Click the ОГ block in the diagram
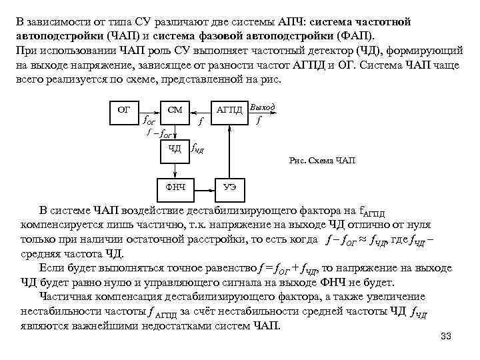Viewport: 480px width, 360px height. pyautogui.click(x=124, y=109)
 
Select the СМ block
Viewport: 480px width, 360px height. pyautogui.click(x=175, y=109)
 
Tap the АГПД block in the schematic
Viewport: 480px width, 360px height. pyautogui.click(x=228, y=109)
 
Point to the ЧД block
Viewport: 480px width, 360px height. pyautogui.click(x=175, y=148)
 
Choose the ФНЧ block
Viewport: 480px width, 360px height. pyautogui.click(x=175, y=187)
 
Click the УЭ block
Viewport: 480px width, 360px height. pyautogui.click(x=229, y=187)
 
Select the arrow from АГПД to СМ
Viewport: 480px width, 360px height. pyautogui.click(x=201, y=109)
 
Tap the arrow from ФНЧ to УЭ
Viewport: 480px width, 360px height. pyautogui.click(x=203, y=187)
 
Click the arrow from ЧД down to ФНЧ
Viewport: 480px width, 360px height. pyautogui.click(x=175, y=167)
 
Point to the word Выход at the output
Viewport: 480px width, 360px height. pyautogui.click(x=261, y=107)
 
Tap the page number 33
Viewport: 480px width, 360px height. pyautogui.click(x=446, y=336)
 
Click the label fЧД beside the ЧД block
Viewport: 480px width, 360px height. pyautogui.click(x=197, y=148)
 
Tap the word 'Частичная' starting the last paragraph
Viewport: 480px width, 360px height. pyautogui.click(x=63, y=297)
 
